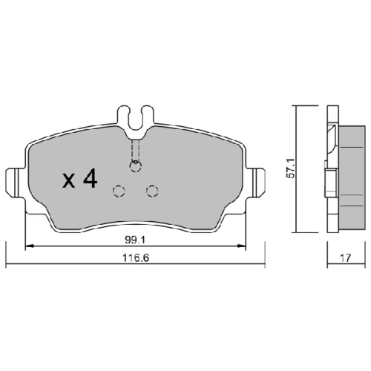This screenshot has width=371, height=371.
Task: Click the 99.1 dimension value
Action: (135, 240)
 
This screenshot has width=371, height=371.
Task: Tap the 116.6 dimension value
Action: (136, 258)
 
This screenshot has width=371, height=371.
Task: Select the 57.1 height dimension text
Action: (290, 168)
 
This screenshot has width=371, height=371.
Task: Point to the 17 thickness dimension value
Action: (346, 258)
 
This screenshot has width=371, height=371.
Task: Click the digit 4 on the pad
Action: (91, 178)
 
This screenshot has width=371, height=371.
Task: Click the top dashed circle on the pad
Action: (136, 166)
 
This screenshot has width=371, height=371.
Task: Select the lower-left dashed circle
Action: (119, 191)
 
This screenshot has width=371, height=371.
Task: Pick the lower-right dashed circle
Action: (152, 191)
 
